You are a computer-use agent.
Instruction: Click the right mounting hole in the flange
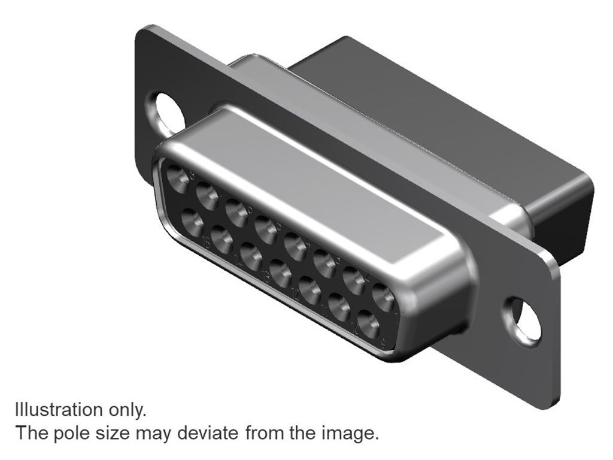pyautogui.click(x=523, y=321)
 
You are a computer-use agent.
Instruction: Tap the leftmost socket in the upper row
pyautogui.click(x=178, y=178)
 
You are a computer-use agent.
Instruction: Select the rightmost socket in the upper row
pyautogui.click(x=384, y=296)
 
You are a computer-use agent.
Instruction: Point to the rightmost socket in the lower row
pyautogui.click(x=369, y=323)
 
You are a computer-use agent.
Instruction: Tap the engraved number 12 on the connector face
pyautogui.click(x=296, y=295)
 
